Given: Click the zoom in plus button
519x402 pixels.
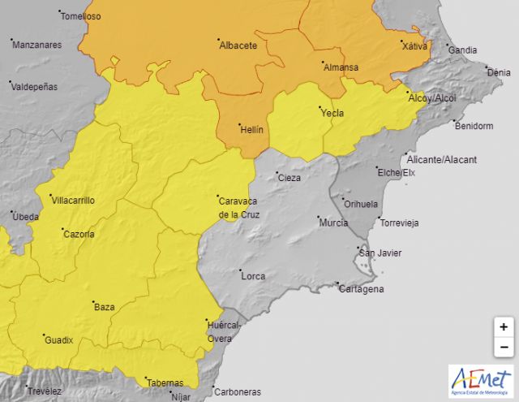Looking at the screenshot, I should point(504,327).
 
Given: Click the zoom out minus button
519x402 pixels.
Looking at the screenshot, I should point(504,348).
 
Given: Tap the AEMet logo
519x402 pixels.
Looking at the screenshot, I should point(481,381).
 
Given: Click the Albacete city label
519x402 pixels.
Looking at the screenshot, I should point(238,45).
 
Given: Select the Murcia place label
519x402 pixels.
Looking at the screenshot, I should point(333,223).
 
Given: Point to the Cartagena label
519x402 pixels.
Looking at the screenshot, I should point(360,289).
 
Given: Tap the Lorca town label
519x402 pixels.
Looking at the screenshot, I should point(253,276).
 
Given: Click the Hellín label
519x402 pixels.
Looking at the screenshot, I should point(252,128).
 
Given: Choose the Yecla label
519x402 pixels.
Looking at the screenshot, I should point(332,113).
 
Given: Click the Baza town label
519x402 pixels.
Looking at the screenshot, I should point(105,307).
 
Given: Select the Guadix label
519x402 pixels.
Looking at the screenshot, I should point(58,340).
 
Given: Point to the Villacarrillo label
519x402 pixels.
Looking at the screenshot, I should point(73,200).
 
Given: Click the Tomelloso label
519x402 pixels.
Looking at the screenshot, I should point(80,16).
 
